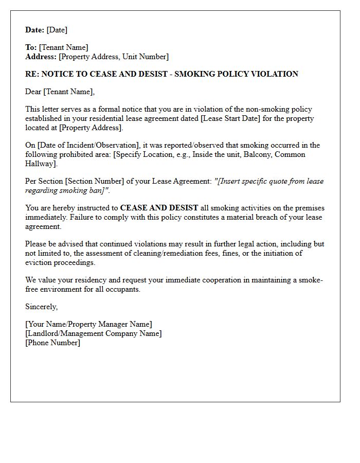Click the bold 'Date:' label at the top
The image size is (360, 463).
pyautogui.click(x=35, y=30)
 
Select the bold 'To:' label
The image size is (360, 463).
pyautogui.click(x=31, y=48)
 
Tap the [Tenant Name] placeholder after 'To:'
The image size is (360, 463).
pyautogui.click(x=63, y=48)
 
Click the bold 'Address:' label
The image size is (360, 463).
pyautogui.click(x=41, y=57)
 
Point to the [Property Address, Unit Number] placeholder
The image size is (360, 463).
pyautogui.click(x=114, y=57)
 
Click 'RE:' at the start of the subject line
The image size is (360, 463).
pyautogui.click(x=32, y=74)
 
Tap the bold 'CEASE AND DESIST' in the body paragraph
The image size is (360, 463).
pyautogui.click(x=159, y=208)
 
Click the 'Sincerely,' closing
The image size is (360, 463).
pyautogui.click(x=42, y=307)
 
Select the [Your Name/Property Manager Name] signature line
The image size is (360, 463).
pyautogui.click(x=88, y=325)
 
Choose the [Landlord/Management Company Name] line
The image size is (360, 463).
pyautogui.click(x=93, y=334)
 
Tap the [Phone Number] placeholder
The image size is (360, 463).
pyautogui.click(x=53, y=343)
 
